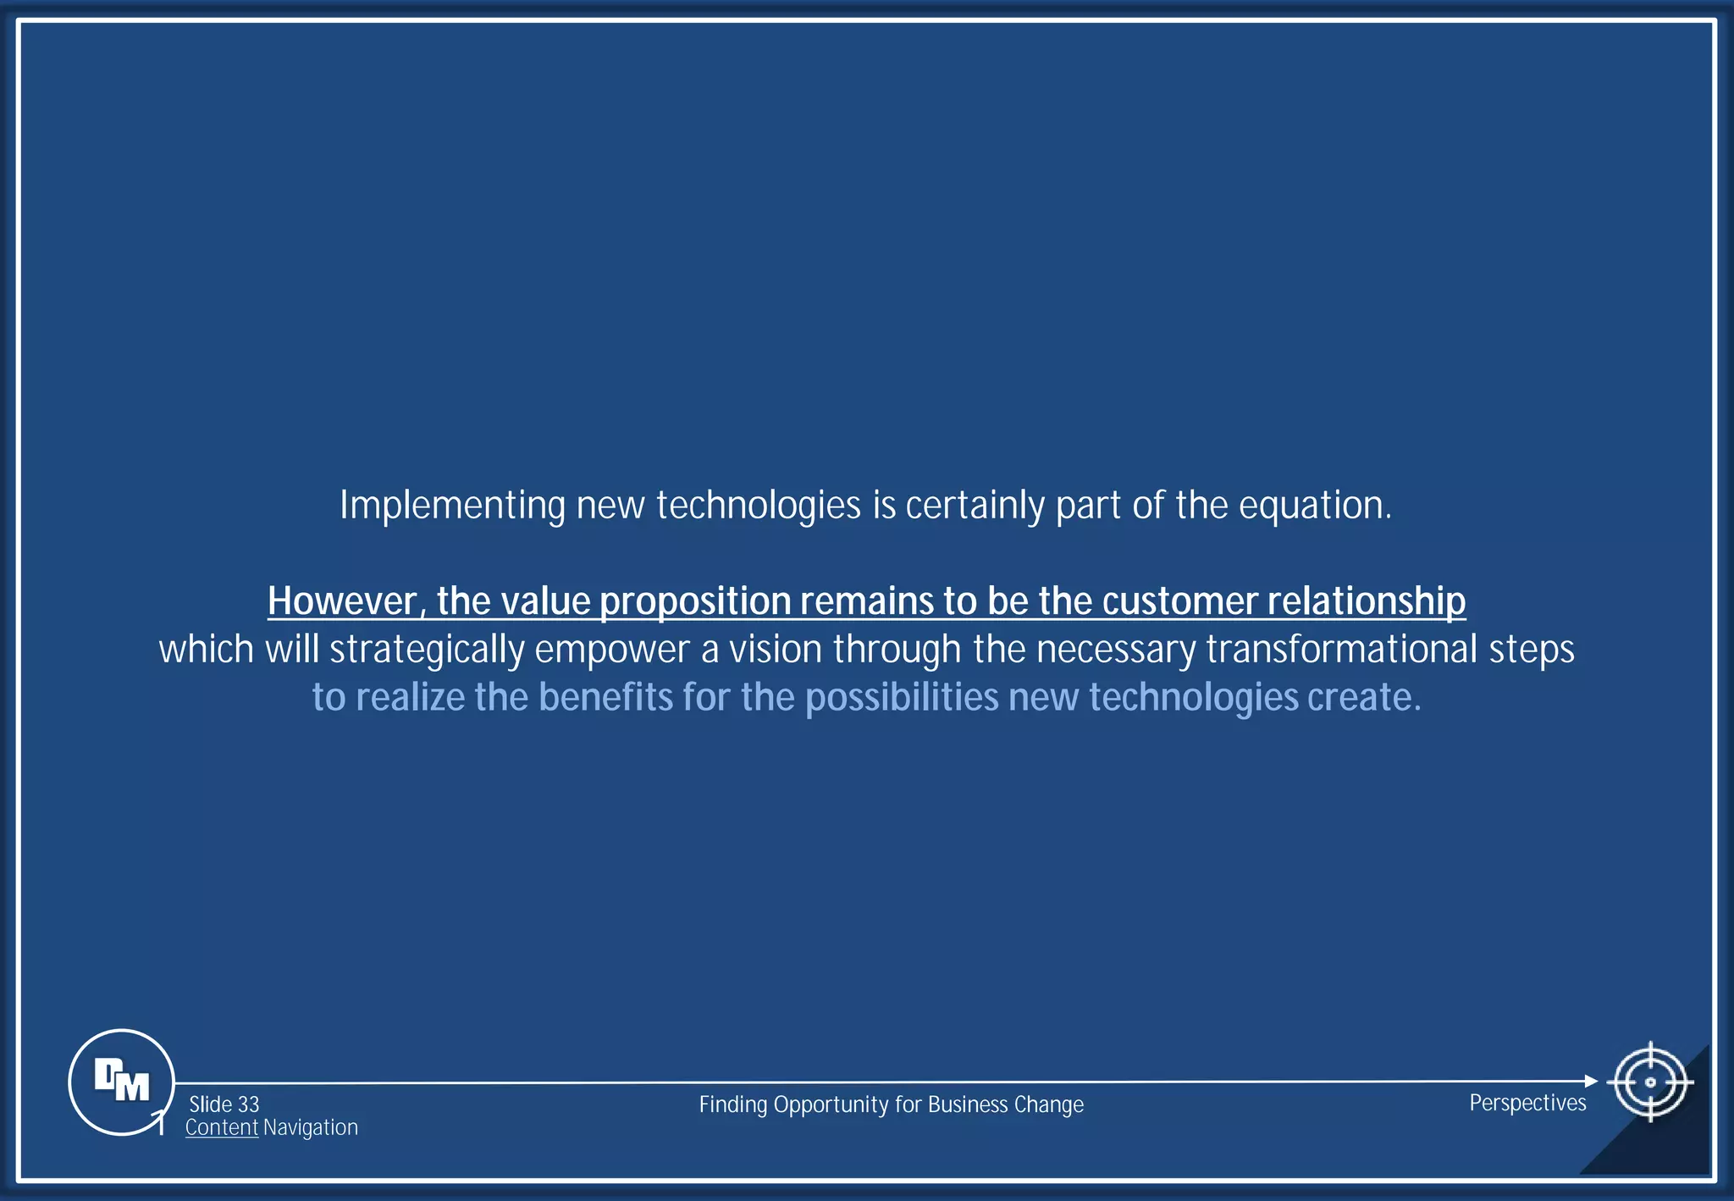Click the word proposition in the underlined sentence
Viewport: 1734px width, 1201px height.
(694, 601)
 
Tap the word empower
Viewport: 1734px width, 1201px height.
(612, 650)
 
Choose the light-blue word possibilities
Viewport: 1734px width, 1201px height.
(902, 698)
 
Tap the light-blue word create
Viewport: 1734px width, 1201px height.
(1363, 698)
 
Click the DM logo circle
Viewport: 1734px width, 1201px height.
(121, 1082)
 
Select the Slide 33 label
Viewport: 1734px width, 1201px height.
(224, 1104)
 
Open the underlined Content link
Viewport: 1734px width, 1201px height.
(221, 1128)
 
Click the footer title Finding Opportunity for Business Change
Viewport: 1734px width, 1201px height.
(891, 1104)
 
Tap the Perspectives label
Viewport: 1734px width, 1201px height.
(1527, 1103)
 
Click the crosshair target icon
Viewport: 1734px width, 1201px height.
(1649, 1082)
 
